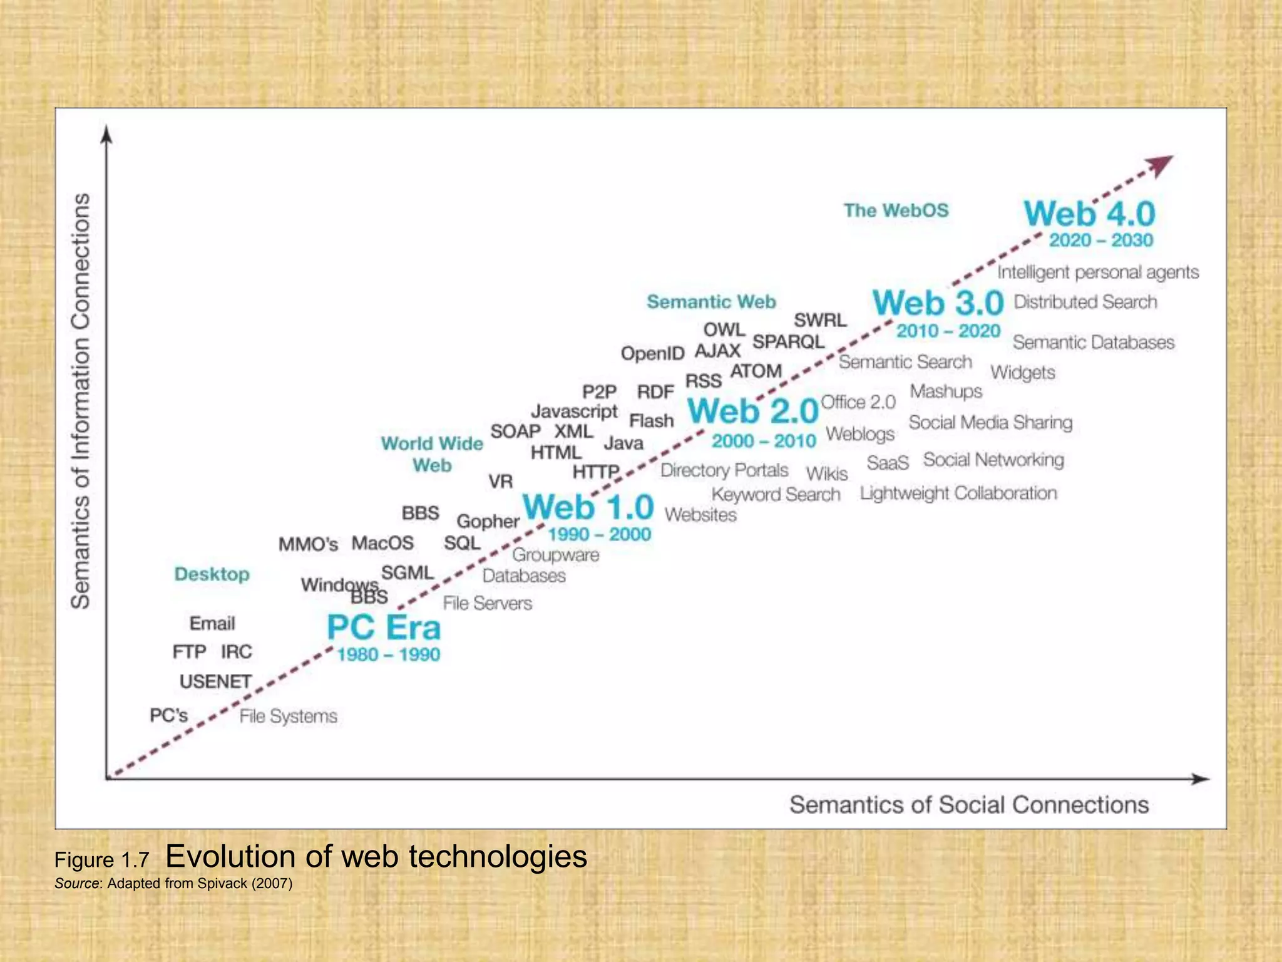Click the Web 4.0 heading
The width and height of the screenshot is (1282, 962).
pos(1089,214)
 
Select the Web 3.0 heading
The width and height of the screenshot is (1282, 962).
pos(938,303)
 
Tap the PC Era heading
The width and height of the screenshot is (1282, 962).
pos(384,628)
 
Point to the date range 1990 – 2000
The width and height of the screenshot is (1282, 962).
pos(599,534)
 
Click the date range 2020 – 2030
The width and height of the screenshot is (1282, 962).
pos(1101,240)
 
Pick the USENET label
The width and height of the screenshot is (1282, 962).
pos(215,681)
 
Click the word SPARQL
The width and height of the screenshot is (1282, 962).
pos(788,342)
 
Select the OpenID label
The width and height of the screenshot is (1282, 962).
pos(652,354)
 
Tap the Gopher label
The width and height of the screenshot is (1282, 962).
pos(488,521)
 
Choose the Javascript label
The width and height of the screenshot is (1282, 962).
pos(574,411)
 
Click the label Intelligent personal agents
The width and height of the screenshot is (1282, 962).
pos(1098,272)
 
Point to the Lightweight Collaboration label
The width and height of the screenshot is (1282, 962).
pos(958,494)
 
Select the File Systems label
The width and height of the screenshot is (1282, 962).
pos(288,716)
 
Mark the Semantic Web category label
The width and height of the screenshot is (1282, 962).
pos(711,302)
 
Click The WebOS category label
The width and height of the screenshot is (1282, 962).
pos(896,210)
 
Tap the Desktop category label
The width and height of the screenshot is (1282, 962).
pos(212,574)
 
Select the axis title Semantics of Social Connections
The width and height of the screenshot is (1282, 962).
pos(968,805)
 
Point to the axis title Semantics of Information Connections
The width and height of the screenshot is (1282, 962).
pos(81,401)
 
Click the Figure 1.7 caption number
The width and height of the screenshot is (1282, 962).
pos(101,861)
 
